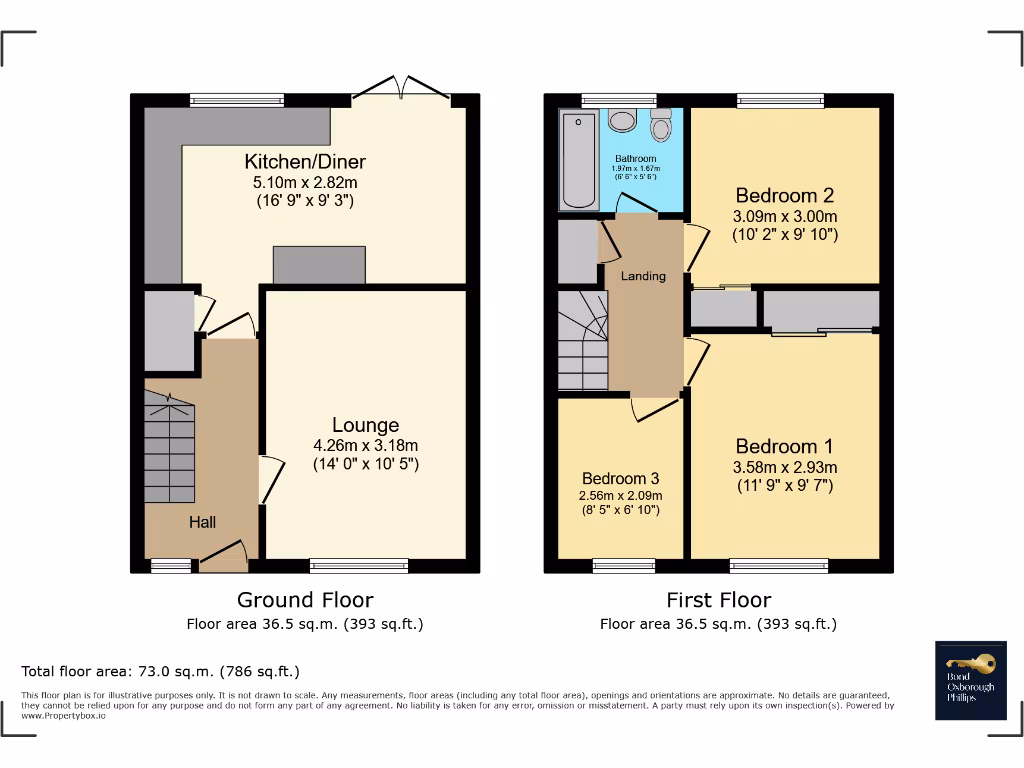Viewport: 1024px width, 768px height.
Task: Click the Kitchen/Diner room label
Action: [x=305, y=162]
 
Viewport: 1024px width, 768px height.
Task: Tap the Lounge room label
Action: [x=365, y=425]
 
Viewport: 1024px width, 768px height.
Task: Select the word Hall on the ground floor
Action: [x=203, y=522]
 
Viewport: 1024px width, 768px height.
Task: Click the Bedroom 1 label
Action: [x=784, y=446]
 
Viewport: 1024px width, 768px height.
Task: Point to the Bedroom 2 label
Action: [x=784, y=195]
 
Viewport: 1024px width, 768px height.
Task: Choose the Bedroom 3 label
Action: [x=620, y=478]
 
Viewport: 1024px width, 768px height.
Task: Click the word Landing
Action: [x=643, y=276]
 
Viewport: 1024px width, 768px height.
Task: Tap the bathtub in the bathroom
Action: [x=578, y=160]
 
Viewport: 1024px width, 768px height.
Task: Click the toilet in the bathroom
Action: [x=661, y=127]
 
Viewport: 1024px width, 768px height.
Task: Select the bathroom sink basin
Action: [x=622, y=121]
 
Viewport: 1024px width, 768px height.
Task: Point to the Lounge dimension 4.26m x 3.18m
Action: [x=365, y=446]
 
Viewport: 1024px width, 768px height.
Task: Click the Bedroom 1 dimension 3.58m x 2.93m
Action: [x=784, y=467]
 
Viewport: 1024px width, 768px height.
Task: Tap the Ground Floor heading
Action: [x=305, y=600]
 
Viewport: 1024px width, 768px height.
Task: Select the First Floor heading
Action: [x=718, y=600]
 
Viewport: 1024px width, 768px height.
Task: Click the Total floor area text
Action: [x=161, y=671]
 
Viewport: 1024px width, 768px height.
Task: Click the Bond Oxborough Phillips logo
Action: [x=971, y=681]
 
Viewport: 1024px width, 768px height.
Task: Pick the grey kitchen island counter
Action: [x=319, y=265]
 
